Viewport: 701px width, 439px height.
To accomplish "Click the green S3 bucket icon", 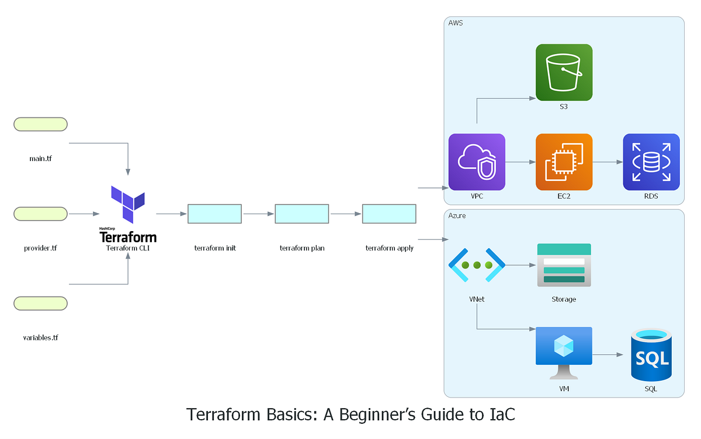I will tap(564, 72).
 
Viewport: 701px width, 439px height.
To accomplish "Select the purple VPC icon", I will tap(477, 162).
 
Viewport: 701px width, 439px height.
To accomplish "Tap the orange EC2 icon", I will tap(564, 162).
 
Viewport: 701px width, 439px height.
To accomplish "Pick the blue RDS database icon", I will tap(651, 162).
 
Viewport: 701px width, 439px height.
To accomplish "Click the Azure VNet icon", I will tap(477, 265).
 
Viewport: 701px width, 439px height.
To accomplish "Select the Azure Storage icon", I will tap(564, 265).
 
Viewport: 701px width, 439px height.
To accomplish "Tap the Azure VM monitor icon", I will tap(564, 353).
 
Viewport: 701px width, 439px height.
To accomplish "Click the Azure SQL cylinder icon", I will tap(651, 355).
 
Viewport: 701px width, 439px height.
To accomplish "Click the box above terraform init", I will tap(214, 214).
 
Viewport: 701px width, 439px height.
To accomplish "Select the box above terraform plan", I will tap(301, 214).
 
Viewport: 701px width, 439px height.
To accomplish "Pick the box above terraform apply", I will tap(389, 214).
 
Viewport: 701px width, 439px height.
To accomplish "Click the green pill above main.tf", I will tap(40, 124).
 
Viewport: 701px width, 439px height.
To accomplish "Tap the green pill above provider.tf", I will tap(40, 214).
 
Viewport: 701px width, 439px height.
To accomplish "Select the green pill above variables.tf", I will tap(40, 303).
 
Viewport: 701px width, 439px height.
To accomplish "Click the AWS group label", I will tap(456, 23).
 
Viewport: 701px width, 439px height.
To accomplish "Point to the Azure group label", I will tap(457, 215).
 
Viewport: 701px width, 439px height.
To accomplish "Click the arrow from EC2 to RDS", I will tap(608, 162).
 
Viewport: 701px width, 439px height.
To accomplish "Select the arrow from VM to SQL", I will tap(608, 354).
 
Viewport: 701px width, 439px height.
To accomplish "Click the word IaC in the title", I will tap(500, 414).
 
